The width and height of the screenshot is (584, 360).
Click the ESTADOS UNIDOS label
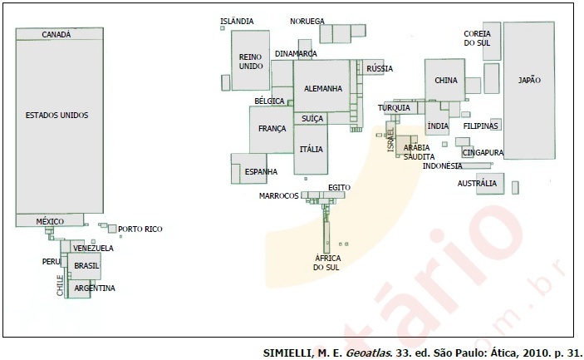(57, 116)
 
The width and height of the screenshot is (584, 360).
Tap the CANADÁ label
(56, 34)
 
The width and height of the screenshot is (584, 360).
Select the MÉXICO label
(50, 221)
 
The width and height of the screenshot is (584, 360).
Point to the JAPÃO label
(529, 80)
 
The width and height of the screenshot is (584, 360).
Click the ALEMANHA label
(323, 89)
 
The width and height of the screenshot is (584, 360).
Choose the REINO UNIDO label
(251, 62)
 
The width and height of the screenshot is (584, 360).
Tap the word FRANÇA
(272, 129)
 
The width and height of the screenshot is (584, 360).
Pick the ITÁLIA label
(312, 149)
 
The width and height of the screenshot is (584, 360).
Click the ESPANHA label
(261, 172)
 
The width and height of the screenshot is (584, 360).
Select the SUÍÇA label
(312, 119)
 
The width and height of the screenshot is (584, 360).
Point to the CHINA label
(446, 80)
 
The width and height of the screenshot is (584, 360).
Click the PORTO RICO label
(140, 229)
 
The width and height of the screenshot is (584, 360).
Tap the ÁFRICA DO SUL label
(326, 263)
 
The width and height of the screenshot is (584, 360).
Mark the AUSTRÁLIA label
(477, 184)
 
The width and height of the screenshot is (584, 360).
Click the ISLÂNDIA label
(237, 22)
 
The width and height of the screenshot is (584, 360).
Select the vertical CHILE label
(60, 285)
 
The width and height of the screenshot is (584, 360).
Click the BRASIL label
(86, 266)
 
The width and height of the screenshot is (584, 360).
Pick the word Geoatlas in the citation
(364, 353)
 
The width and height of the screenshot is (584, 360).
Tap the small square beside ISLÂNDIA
(223, 28)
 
